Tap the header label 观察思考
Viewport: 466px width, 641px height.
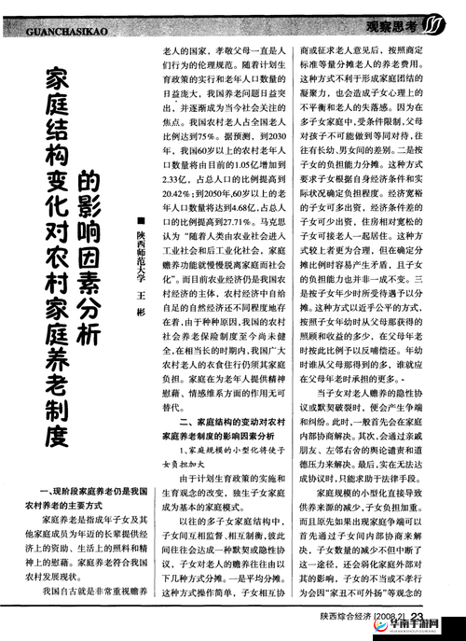point(395,26)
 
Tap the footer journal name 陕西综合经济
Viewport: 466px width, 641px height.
point(346,616)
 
